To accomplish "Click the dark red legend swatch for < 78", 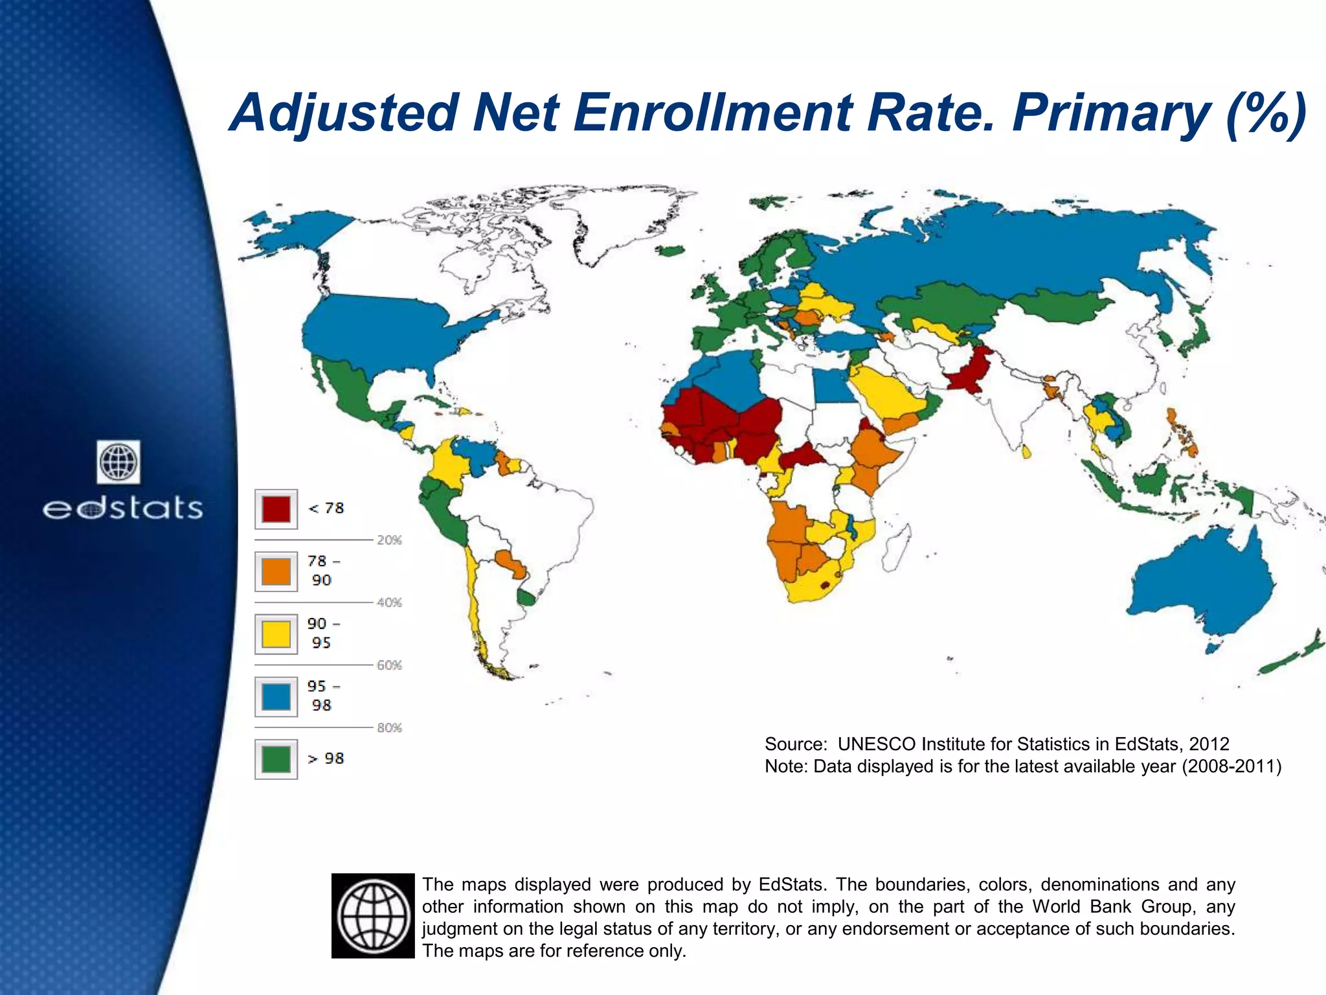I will coord(276,509).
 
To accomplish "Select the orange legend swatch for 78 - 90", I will coord(276,571).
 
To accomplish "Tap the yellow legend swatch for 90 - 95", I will coord(276,634).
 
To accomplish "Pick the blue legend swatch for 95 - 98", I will coord(276,696).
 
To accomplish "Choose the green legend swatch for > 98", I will coord(276,759).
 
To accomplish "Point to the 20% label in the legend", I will coord(389,540).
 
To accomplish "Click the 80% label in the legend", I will coord(389,728).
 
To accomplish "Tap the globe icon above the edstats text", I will coord(118,462).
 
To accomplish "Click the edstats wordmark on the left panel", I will coord(123,509).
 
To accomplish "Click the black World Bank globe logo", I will coord(373,915).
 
